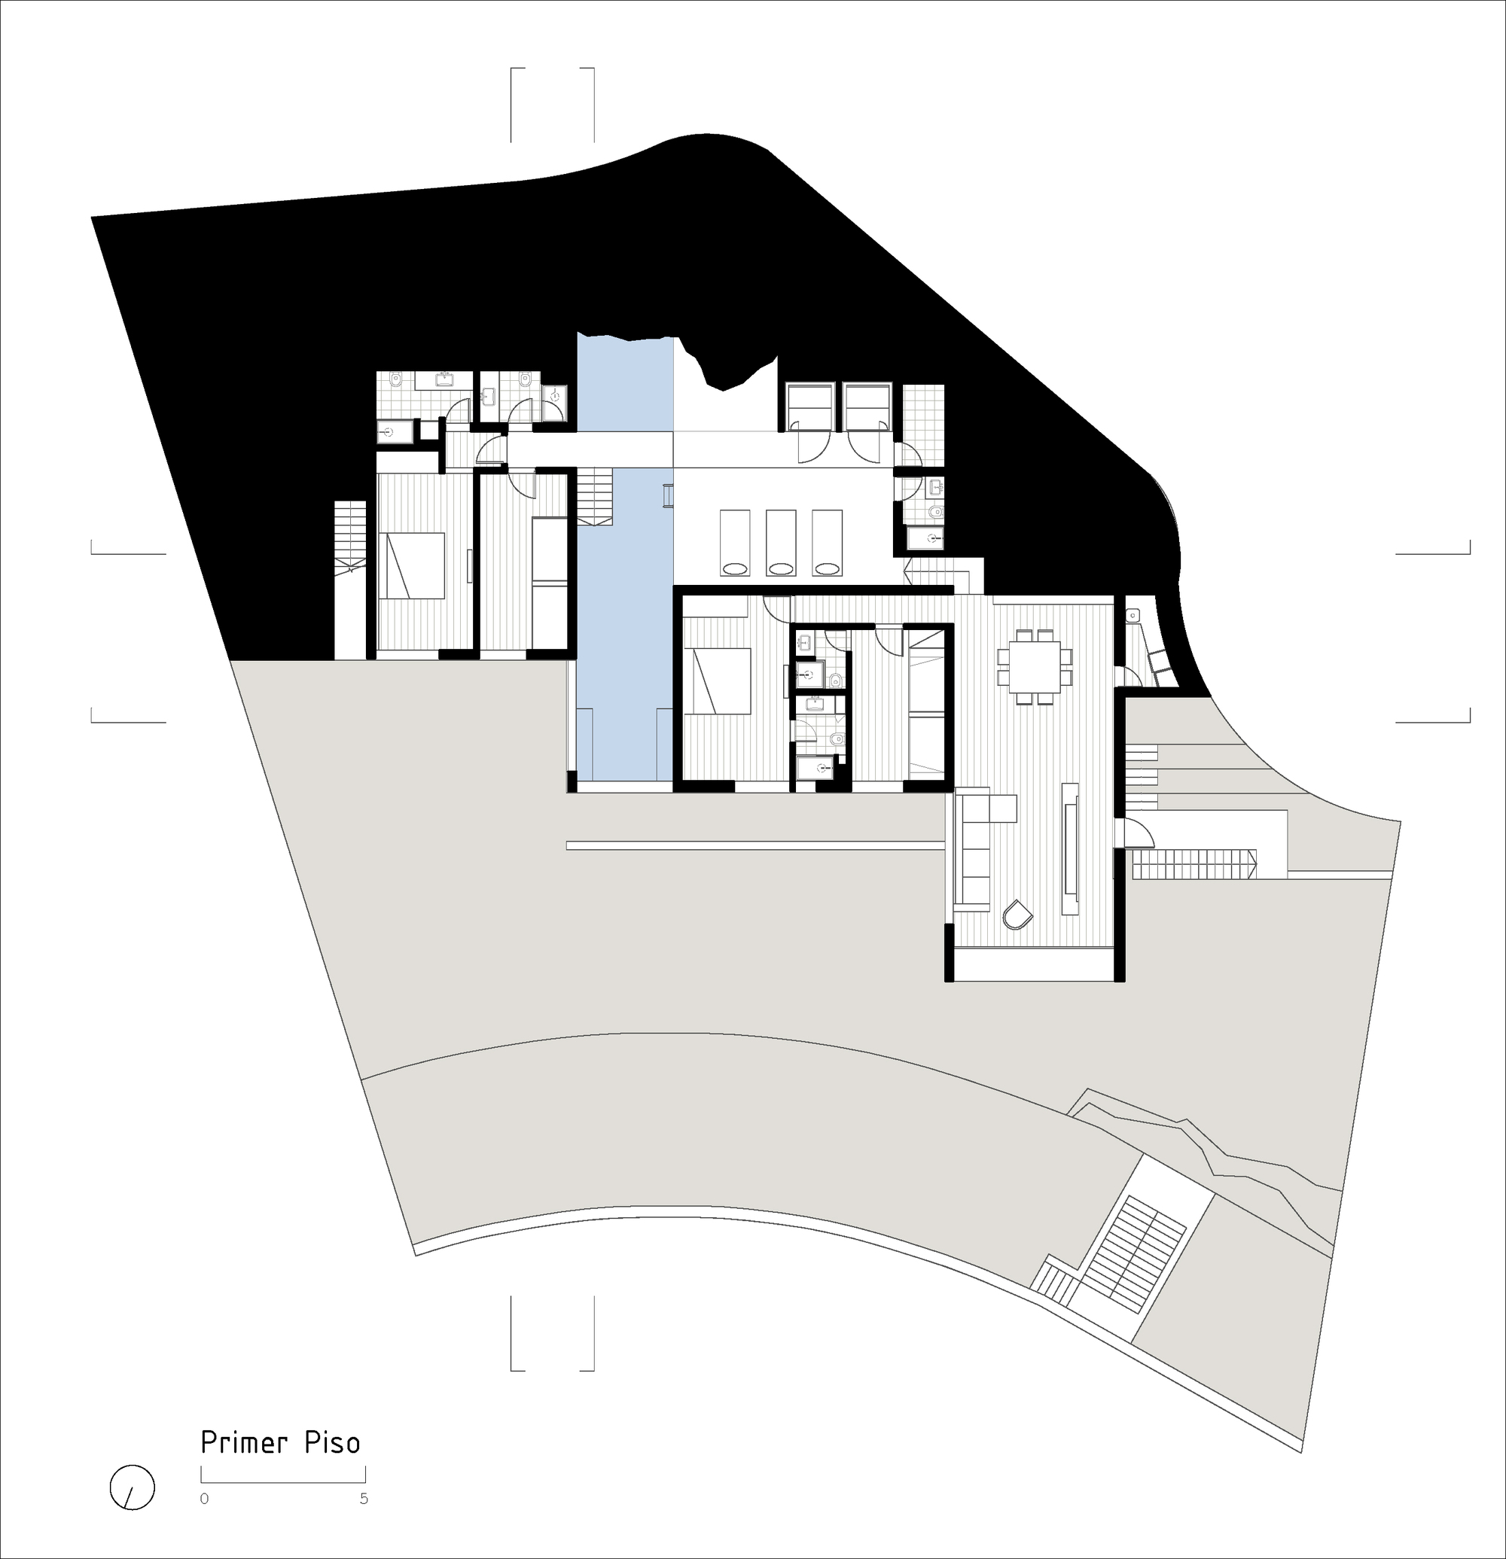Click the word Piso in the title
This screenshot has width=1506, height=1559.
[x=332, y=1442]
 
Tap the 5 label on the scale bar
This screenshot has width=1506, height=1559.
[x=364, y=1499]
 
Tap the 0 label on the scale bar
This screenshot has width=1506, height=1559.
[x=205, y=1499]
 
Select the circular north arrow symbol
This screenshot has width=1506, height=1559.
[x=132, y=1487]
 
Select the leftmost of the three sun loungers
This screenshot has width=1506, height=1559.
[x=735, y=542]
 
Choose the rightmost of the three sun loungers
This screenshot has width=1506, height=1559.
[x=827, y=542]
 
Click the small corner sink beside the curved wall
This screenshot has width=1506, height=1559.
[x=1133, y=615]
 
